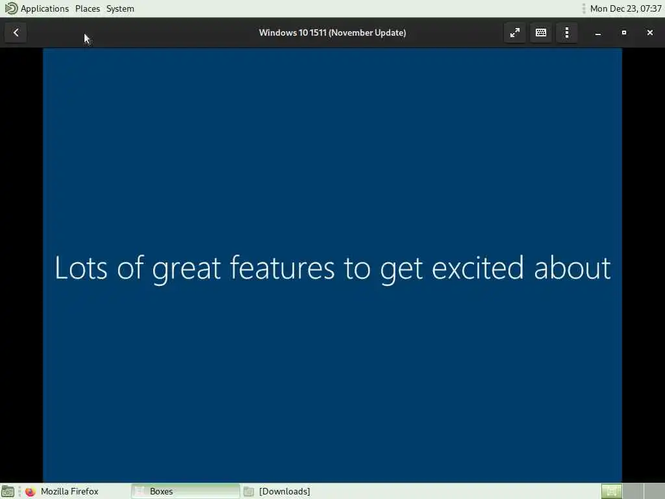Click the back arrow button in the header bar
(x=16, y=32)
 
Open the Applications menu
(x=45, y=8)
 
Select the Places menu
(x=88, y=8)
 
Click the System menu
(x=120, y=8)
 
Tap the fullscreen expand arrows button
(x=515, y=32)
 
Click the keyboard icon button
(x=541, y=32)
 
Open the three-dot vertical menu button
(x=566, y=32)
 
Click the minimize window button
(x=598, y=32)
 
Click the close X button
(x=649, y=32)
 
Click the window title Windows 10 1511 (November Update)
(x=332, y=32)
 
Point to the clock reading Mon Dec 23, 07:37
(x=625, y=8)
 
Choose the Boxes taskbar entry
(x=185, y=491)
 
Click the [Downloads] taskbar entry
(x=284, y=491)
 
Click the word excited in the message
(x=477, y=268)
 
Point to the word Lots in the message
(x=81, y=268)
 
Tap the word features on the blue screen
(x=282, y=268)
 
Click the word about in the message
(x=572, y=268)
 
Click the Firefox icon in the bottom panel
(x=30, y=492)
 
